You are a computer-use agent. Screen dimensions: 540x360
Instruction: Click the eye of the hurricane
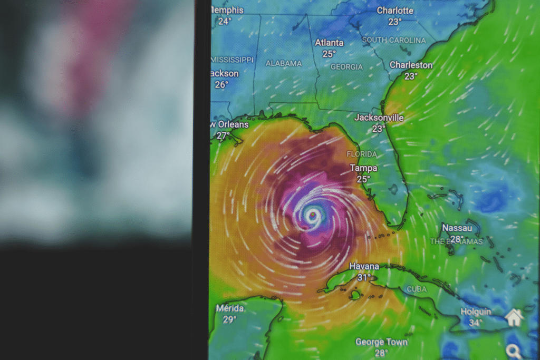pos(313,215)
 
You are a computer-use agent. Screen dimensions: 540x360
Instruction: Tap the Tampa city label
pos(363,168)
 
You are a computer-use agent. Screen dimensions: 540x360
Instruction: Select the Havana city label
pos(364,267)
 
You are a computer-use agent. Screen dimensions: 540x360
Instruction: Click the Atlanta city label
pos(329,43)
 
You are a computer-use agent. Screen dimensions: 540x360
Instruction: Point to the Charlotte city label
pos(395,11)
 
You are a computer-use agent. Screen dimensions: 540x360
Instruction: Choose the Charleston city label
pos(411,65)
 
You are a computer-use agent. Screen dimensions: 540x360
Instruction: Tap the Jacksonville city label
pos(379,117)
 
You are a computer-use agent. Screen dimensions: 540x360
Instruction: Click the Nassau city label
pos(457,228)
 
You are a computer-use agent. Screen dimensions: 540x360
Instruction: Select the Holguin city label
pos(476,312)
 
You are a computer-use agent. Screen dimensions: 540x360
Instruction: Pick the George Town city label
pos(381,342)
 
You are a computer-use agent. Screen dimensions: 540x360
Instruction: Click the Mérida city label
pos(229,308)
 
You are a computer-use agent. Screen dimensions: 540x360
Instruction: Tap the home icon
pos(514,317)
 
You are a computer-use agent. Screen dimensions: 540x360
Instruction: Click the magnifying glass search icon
pos(513,351)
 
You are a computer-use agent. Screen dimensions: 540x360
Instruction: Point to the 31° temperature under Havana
pos(364,278)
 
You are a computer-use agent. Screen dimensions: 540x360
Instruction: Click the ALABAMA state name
pos(284,63)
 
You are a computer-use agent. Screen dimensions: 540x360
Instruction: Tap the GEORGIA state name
pos(346,67)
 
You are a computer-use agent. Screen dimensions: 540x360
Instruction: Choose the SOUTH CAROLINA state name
pos(394,40)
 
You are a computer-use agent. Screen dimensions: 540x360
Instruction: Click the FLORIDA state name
pos(362,154)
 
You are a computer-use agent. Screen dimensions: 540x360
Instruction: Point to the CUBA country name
pos(416,289)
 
